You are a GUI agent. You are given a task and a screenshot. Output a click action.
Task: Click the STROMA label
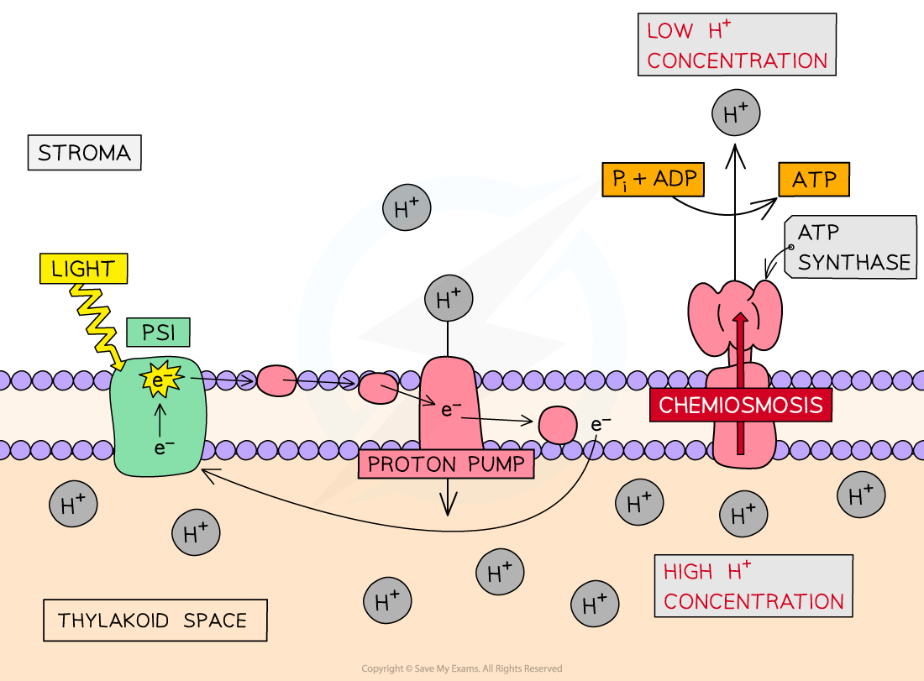[84, 153]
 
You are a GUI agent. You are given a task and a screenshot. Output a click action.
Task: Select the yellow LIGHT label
[82, 269]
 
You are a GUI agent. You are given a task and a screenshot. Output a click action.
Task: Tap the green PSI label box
[159, 333]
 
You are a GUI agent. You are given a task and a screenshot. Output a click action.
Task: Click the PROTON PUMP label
[446, 464]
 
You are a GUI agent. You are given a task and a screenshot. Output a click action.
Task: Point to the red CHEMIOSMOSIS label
[741, 405]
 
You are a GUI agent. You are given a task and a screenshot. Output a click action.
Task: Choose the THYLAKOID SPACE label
[155, 621]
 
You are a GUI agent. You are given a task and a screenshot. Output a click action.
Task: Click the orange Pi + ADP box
[652, 179]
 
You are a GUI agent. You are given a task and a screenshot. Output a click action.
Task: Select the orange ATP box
[814, 179]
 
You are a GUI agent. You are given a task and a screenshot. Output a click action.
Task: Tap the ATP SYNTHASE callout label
[852, 247]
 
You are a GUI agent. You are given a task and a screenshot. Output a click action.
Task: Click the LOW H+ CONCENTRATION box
[737, 45]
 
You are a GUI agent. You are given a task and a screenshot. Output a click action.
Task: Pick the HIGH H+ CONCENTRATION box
[753, 586]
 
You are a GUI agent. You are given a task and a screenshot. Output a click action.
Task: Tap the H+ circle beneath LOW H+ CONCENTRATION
[736, 113]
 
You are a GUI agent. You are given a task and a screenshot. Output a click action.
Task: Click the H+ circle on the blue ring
[407, 208]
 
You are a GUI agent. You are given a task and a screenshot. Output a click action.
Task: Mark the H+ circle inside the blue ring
[449, 299]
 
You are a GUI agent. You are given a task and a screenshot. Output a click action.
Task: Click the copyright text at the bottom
[461, 668]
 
